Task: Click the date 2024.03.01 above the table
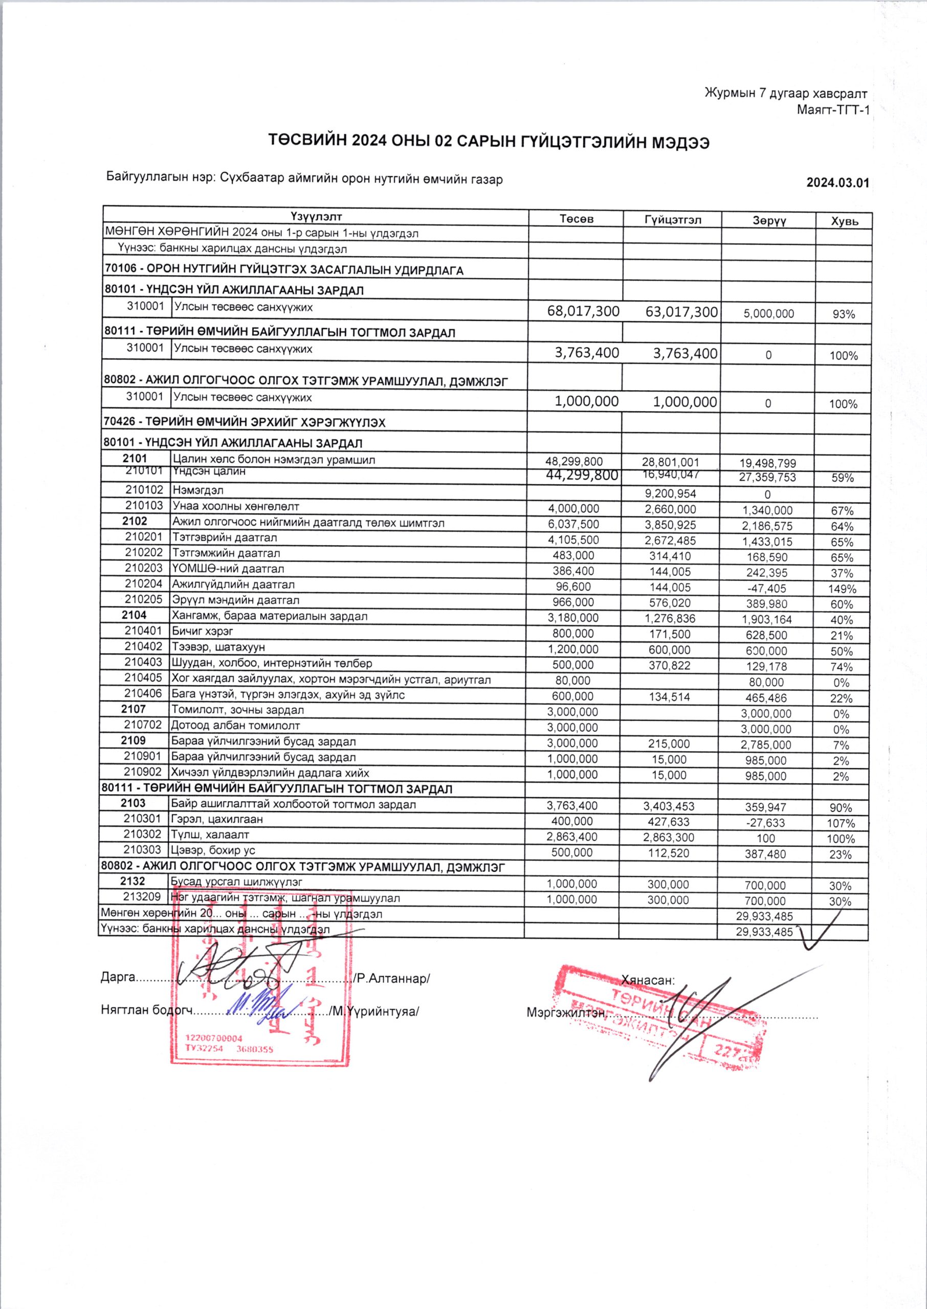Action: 837,183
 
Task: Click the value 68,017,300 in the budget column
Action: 583,311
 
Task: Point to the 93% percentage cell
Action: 843,314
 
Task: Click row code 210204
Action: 144,584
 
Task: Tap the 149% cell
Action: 843,589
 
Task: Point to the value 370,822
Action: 670,665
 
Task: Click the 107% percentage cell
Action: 841,823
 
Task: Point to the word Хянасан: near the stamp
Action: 648,980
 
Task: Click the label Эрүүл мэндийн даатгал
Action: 236,600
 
